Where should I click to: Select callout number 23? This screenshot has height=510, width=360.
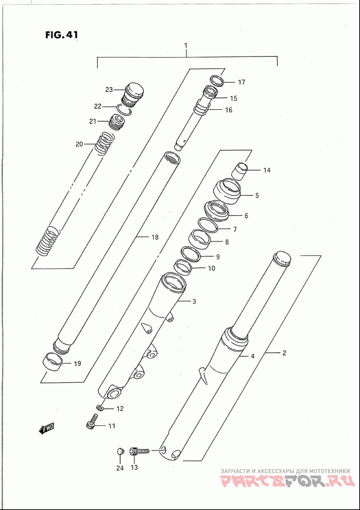(108, 90)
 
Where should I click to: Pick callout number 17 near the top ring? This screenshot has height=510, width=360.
(241, 82)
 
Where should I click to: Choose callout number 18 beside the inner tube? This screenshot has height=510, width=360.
(155, 237)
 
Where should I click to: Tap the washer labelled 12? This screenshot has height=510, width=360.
(100, 407)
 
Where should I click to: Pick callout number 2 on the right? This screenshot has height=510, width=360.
(284, 352)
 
